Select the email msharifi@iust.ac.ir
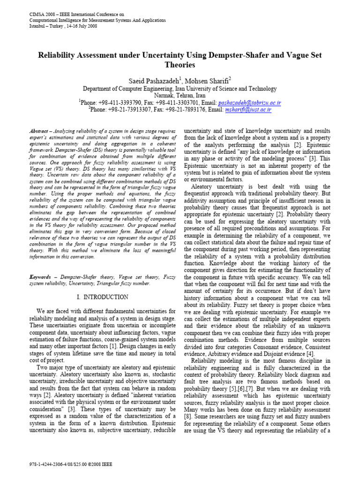248,110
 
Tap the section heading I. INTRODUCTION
102,297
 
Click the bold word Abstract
39,131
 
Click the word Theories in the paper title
180,65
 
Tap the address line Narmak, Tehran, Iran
180,95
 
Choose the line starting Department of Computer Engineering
180,89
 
